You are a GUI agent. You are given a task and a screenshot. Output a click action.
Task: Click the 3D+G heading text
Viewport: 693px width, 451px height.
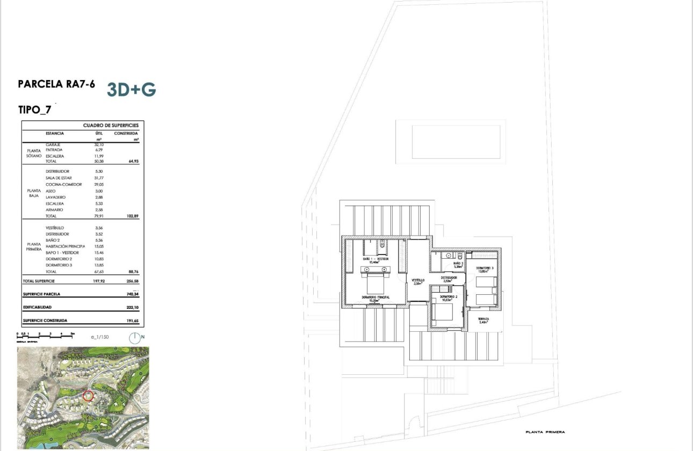pyautogui.click(x=131, y=90)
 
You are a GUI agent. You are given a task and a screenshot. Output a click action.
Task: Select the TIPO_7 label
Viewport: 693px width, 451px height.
pyautogui.click(x=34, y=110)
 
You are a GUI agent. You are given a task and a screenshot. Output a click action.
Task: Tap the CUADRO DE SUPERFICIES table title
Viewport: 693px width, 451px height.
pyautogui.click(x=111, y=125)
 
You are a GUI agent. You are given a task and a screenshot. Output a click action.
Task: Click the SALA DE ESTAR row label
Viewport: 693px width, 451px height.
pyautogui.click(x=59, y=178)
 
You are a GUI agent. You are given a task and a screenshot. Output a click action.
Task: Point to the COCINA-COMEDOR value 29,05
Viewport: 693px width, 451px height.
pyautogui.click(x=99, y=184)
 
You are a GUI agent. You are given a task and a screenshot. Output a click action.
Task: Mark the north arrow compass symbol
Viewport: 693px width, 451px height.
pyautogui.click(x=135, y=338)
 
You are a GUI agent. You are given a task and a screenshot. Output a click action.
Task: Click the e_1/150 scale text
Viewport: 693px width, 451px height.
pyautogui.click(x=99, y=337)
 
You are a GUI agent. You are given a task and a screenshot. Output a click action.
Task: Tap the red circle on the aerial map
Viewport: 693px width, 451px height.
pyautogui.click(x=89, y=396)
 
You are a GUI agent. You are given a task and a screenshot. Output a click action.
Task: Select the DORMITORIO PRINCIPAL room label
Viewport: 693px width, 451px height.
pyautogui.click(x=375, y=297)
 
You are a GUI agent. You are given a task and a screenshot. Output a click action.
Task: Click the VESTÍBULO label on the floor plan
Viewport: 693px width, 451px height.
pyautogui.click(x=418, y=280)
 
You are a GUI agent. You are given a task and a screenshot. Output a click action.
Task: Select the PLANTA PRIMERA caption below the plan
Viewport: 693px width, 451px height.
pyautogui.click(x=545, y=432)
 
